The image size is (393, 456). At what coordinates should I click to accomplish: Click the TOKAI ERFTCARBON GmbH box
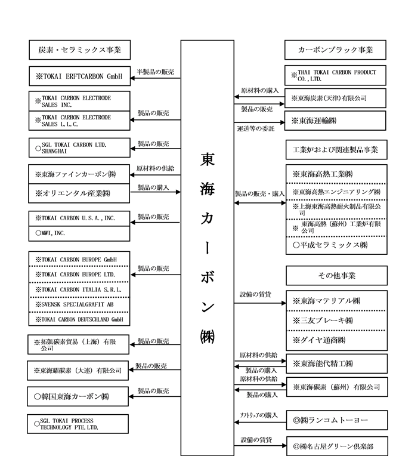(79, 76)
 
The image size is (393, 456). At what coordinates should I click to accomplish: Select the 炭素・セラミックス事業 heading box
(79, 49)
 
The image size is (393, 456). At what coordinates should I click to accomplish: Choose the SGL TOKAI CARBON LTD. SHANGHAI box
(79, 147)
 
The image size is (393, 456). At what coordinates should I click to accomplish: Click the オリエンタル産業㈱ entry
(79, 193)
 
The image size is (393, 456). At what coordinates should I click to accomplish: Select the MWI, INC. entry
(79, 233)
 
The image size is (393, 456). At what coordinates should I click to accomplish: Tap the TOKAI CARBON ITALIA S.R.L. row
(79, 289)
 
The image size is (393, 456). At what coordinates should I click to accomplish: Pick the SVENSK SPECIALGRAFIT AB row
(79, 304)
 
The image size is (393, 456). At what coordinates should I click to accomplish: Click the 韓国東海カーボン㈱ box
(79, 396)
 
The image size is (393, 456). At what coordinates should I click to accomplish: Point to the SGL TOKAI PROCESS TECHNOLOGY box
(79, 424)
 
